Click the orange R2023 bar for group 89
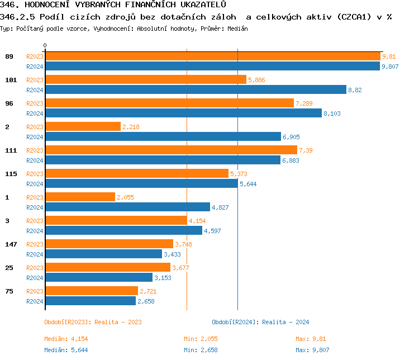[x=212, y=56]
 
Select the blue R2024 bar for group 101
[x=196, y=89]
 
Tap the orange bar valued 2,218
[x=83, y=127]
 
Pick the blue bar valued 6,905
[x=163, y=136]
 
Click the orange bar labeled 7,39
[x=171, y=150]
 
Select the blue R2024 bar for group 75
[x=91, y=301]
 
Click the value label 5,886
[x=256, y=80]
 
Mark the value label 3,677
[x=181, y=268]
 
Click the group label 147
[x=11, y=244]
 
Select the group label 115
[x=11, y=174]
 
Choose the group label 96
[x=9, y=103]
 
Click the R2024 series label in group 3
[x=35, y=231]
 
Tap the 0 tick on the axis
[x=45, y=45]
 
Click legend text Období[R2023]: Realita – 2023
[x=93, y=322]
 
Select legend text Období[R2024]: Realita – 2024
[x=260, y=322]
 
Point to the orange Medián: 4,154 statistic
[x=66, y=339]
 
